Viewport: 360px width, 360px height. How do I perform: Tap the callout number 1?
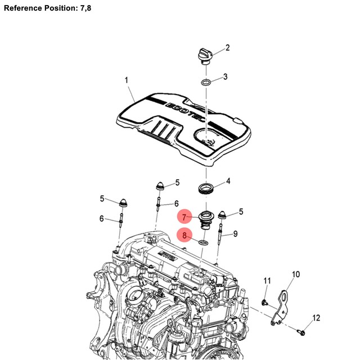point(127,81)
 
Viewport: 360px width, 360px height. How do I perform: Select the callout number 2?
point(228,48)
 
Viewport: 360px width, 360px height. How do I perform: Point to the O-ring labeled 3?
point(206,83)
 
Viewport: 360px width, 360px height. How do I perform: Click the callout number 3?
point(225,76)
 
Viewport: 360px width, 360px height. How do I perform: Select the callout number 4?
point(228,181)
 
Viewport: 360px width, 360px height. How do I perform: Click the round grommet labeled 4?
point(206,187)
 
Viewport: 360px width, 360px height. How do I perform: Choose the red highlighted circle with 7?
point(184,217)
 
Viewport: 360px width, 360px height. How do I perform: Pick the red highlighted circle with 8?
point(184,236)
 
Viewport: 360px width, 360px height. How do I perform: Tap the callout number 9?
point(235,233)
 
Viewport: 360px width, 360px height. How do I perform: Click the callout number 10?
point(296,274)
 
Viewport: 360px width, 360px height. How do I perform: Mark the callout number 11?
point(267,281)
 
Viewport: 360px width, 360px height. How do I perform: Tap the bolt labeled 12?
point(303,332)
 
